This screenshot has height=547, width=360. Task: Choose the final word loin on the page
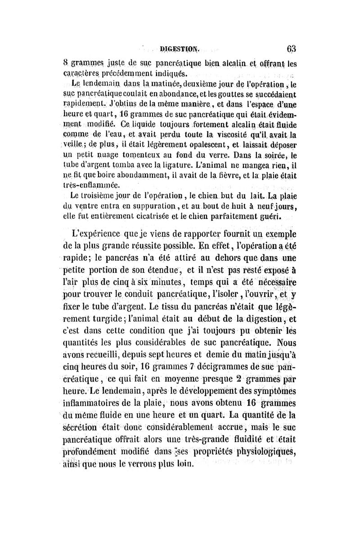click(x=184, y=464)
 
